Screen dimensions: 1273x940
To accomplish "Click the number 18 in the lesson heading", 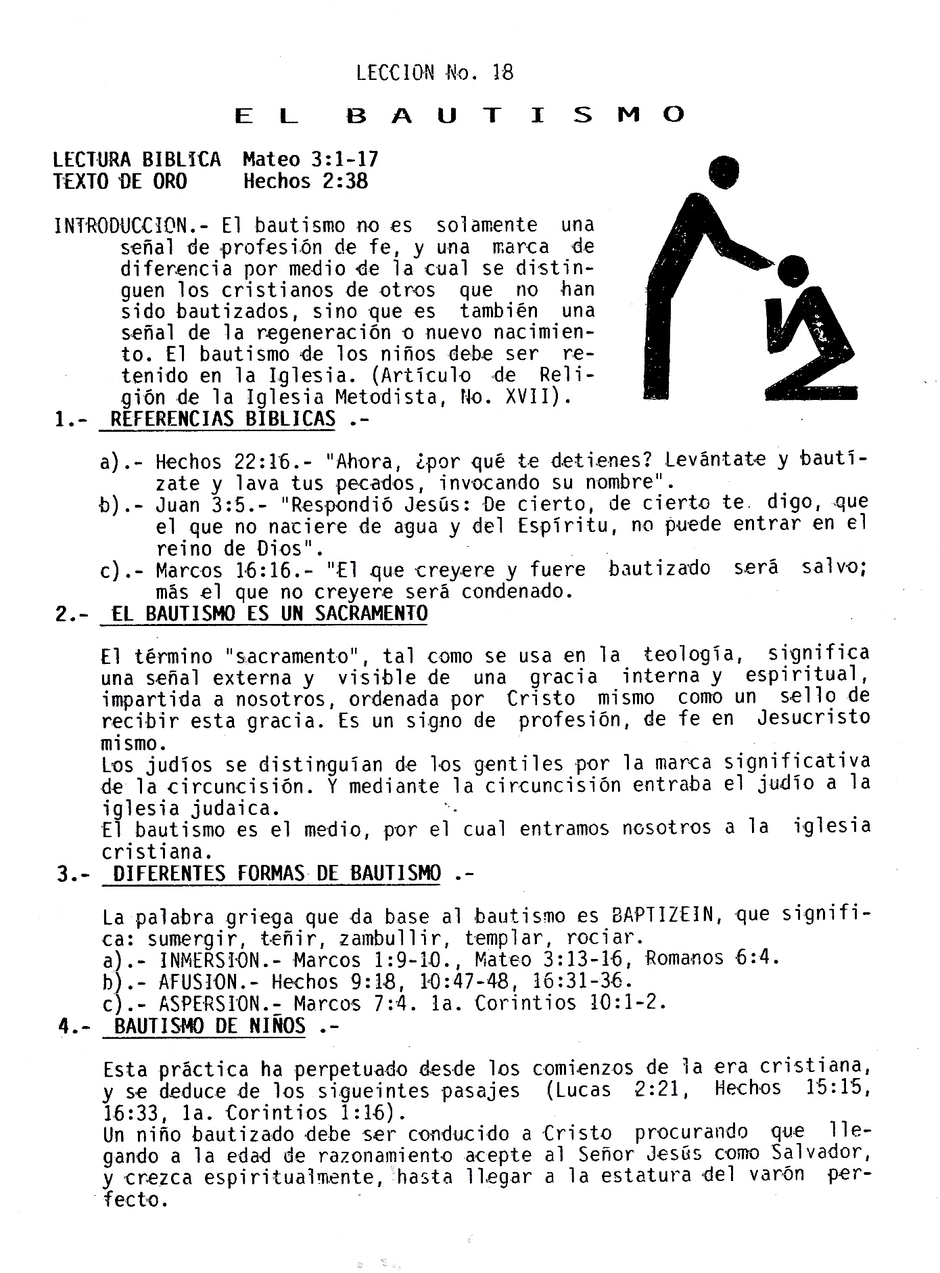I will pyautogui.click(x=503, y=72).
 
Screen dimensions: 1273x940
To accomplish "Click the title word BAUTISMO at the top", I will pyautogui.click(x=515, y=116).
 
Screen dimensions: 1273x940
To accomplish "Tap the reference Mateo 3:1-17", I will pyautogui.click(x=310, y=160).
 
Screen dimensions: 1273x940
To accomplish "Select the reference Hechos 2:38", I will pyautogui.click(x=306, y=181).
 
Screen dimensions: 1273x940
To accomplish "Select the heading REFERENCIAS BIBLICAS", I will pyautogui.click(x=222, y=419).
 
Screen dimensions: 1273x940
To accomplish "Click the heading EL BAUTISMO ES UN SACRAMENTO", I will pyautogui.click(x=270, y=614).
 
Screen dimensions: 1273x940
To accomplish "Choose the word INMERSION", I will pyautogui.click(x=210, y=960).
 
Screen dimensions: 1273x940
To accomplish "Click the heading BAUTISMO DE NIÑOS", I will pyautogui.click(x=210, y=1026).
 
